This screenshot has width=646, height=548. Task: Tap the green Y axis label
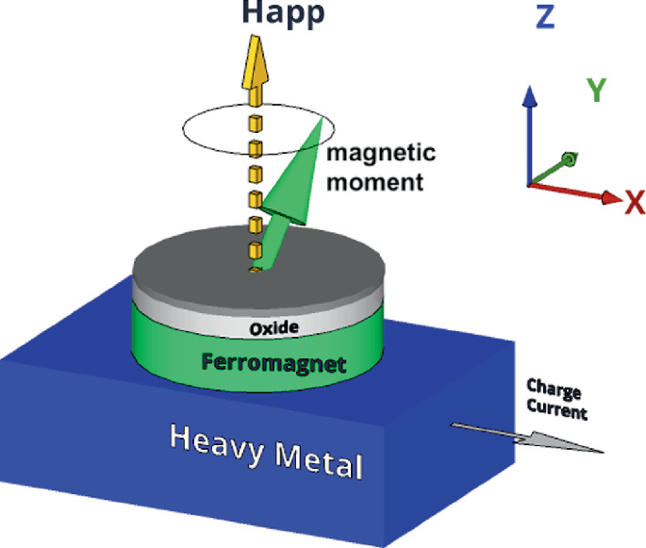click(596, 90)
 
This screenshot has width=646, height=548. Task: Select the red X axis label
click(634, 202)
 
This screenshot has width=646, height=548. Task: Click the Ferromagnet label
click(274, 363)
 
